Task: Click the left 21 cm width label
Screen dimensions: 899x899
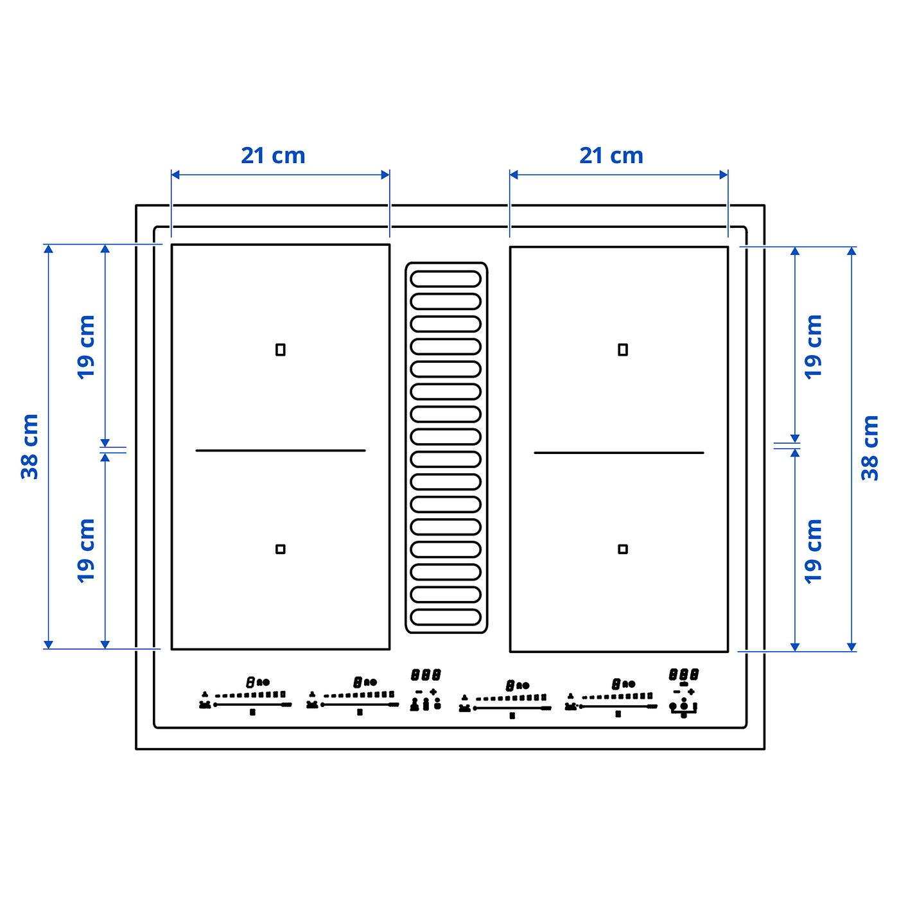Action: point(273,155)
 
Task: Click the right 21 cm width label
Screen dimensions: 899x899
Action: point(611,155)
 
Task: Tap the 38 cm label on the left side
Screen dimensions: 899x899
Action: point(30,446)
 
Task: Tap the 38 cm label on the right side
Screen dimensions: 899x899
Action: point(869,448)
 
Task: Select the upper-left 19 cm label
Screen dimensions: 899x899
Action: point(86,347)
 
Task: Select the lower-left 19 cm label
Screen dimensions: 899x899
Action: point(86,551)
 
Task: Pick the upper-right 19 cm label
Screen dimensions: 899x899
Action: point(814,347)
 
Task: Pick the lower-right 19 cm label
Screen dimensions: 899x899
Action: point(814,551)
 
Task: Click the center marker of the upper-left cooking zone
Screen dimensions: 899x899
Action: point(280,350)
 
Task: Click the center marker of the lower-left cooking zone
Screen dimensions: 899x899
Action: point(280,549)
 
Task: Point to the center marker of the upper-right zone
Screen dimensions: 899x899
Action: point(623,350)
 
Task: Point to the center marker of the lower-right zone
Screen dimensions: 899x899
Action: point(623,549)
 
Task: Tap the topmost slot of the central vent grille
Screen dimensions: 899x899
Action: point(446,279)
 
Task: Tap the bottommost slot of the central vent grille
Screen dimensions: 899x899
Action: point(446,617)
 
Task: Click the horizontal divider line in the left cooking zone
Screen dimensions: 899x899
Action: point(280,451)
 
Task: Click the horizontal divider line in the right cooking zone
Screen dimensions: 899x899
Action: point(618,453)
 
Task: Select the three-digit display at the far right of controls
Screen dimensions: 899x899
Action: point(684,675)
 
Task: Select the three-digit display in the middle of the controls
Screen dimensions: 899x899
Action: point(426,675)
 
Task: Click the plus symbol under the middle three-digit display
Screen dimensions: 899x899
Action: point(433,692)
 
